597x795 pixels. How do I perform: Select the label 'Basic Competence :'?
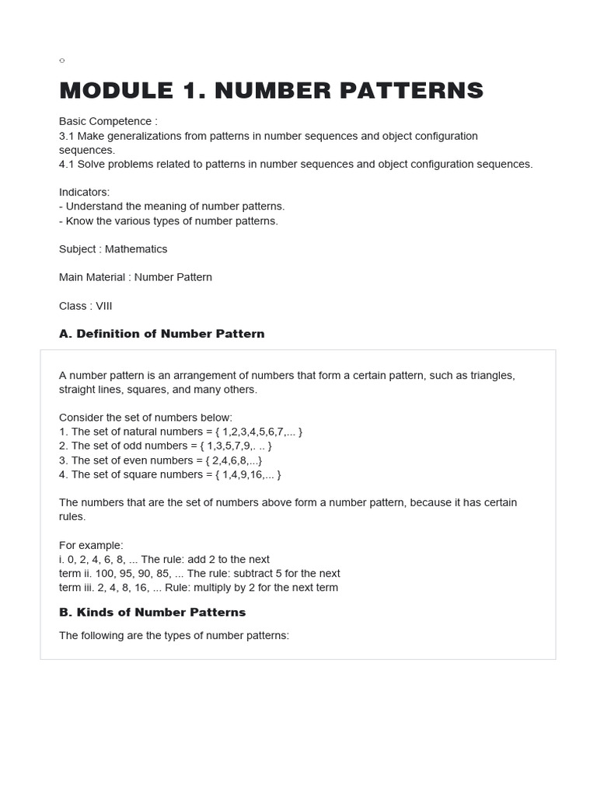108,121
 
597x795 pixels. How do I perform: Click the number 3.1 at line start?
66,136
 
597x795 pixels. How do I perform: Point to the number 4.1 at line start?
66,164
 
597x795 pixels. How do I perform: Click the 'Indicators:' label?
85,192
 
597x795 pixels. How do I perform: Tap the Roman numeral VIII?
104,306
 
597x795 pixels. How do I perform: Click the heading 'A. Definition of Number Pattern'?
162,334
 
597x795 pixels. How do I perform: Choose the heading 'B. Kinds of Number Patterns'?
152,612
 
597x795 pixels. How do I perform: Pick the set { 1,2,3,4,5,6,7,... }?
262,432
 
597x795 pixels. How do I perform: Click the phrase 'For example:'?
91,545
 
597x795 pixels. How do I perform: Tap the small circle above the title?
62,61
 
